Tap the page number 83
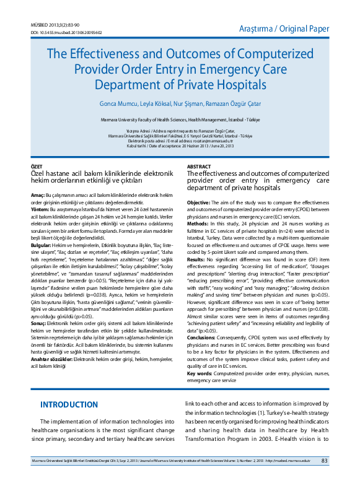point(324,461)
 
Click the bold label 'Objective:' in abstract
point(200,202)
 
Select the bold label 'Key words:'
point(200,373)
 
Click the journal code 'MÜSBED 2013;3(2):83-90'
point(55,25)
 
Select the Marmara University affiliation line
point(180,118)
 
